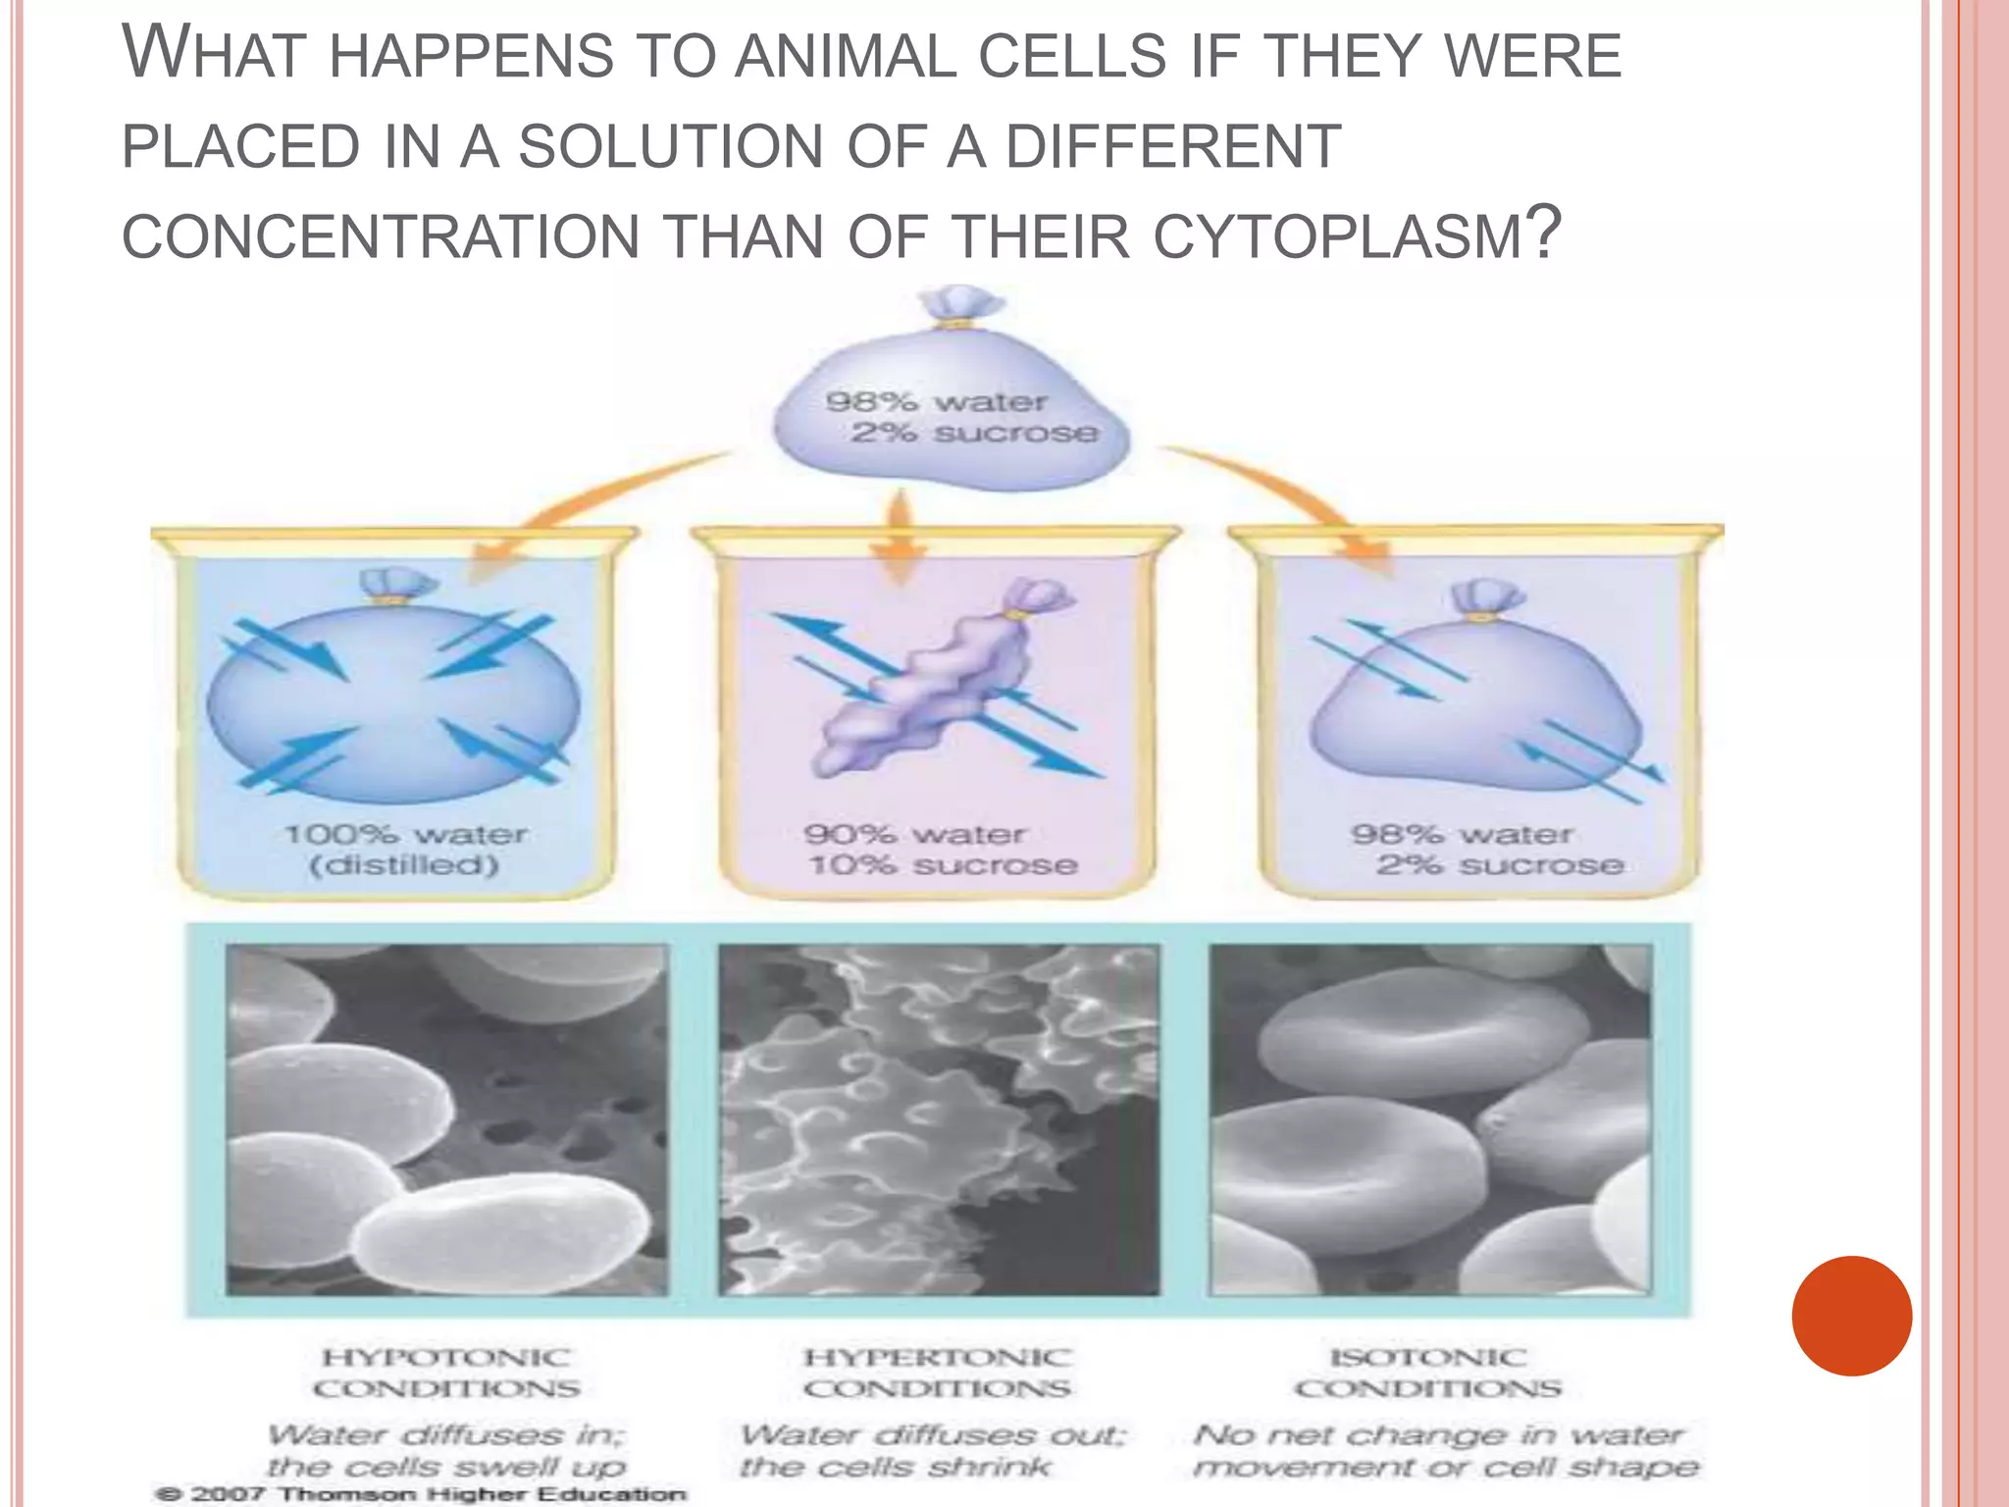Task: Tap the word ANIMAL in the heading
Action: (846, 56)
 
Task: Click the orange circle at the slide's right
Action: (1851, 1316)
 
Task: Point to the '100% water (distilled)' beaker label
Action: (405, 850)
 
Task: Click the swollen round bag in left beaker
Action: (392, 697)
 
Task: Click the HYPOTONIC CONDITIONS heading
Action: (446, 1373)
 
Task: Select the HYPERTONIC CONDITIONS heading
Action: (937, 1373)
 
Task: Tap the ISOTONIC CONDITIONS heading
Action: (1427, 1373)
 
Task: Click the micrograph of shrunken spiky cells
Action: (939, 1119)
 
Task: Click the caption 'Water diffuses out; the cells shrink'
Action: (932, 1450)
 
